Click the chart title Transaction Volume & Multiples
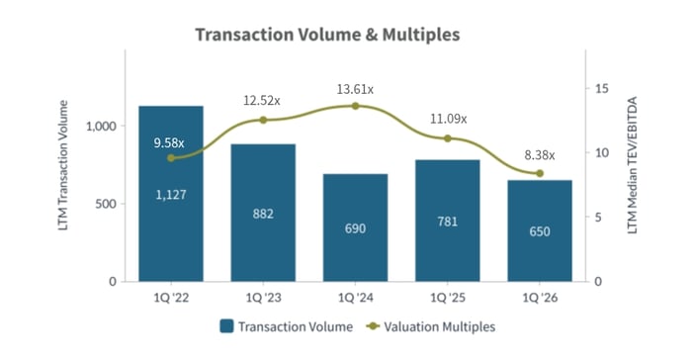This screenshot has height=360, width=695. point(327,35)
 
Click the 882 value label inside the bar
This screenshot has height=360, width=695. point(263,214)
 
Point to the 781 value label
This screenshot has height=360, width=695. point(448,222)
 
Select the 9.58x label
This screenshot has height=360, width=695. point(170,142)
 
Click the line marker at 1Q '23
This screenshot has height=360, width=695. point(263,120)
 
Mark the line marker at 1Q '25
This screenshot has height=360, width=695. point(448,138)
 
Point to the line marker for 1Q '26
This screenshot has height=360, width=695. point(540,173)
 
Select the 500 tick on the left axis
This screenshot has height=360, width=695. point(107,204)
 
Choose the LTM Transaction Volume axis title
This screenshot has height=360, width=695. point(65,175)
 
